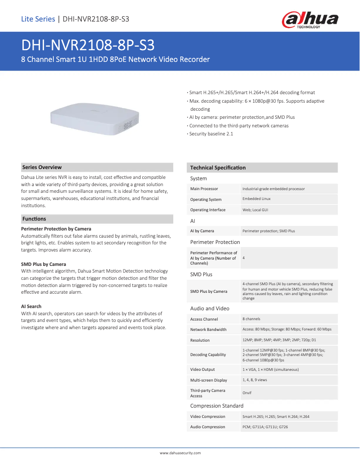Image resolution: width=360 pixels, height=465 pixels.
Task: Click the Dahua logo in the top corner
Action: pyautogui.click(x=310, y=20)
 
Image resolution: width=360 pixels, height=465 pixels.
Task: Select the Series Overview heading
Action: pyautogui.click(x=42, y=167)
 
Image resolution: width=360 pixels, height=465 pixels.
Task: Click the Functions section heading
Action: pyautogui.click(x=34, y=219)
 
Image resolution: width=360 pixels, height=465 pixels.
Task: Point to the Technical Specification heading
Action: pyautogui.click(x=218, y=168)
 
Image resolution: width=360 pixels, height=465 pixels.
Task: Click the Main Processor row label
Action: pyautogui.click(x=204, y=189)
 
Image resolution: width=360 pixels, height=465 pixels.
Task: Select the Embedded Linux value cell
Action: pyautogui.click(x=256, y=199)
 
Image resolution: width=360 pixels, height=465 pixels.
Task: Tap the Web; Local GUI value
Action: pyautogui.click(x=255, y=210)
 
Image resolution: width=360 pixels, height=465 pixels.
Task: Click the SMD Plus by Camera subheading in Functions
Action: pyautogui.click(x=44, y=264)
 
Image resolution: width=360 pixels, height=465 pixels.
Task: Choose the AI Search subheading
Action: pyautogui.click(x=31, y=306)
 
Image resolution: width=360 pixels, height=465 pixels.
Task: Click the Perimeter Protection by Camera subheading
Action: pyautogui.click(x=56, y=229)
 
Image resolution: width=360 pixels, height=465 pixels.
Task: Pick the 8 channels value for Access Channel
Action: pyautogui.click(x=251, y=319)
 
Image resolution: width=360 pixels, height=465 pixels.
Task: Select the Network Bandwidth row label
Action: pyautogui.click(x=208, y=330)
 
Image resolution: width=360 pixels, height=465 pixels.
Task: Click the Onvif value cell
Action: pyautogui.click(x=247, y=393)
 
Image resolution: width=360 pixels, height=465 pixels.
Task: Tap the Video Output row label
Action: pyautogui.click(x=202, y=369)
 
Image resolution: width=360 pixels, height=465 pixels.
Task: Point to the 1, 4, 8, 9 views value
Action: pyautogui.click(x=255, y=380)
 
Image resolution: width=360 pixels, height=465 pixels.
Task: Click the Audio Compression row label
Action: pyautogui.click(x=207, y=427)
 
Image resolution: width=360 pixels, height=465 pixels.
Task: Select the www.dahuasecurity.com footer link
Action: pyautogui.click(x=180, y=453)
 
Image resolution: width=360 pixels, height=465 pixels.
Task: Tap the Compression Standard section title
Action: pyautogui.click(x=217, y=406)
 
